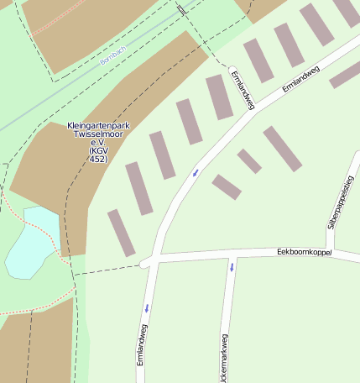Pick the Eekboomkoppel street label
coord(304,252)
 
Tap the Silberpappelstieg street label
coord(341,202)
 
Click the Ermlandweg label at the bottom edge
coord(142,354)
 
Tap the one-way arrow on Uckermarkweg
coord(232,268)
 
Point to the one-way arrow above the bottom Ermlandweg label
coord(145,307)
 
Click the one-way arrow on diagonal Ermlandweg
coord(196,173)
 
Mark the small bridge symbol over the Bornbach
coord(181,10)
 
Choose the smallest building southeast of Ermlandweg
coord(248,161)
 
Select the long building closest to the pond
coord(121,233)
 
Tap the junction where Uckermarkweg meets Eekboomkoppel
coord(231,255)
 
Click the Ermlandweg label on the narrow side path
coord(242,88)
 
